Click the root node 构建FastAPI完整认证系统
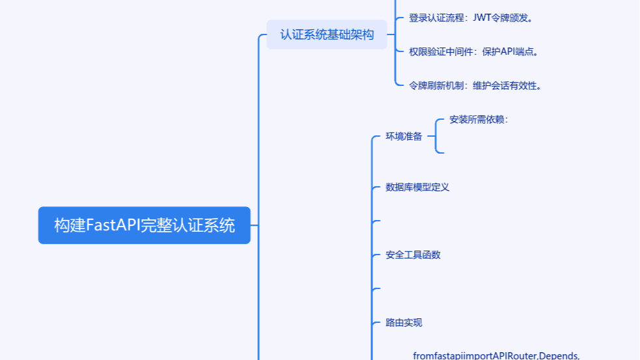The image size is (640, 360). point(144,225)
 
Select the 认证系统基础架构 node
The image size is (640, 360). point(327,35)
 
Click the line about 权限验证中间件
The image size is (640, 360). point(473,52)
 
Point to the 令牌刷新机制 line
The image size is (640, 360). point(475,85)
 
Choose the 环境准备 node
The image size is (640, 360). point(404,137)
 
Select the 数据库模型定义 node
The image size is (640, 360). point(417,187)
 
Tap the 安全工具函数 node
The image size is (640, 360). point(413,255)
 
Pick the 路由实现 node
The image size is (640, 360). point(404,323)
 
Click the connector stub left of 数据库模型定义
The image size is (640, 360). point(376,187)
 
